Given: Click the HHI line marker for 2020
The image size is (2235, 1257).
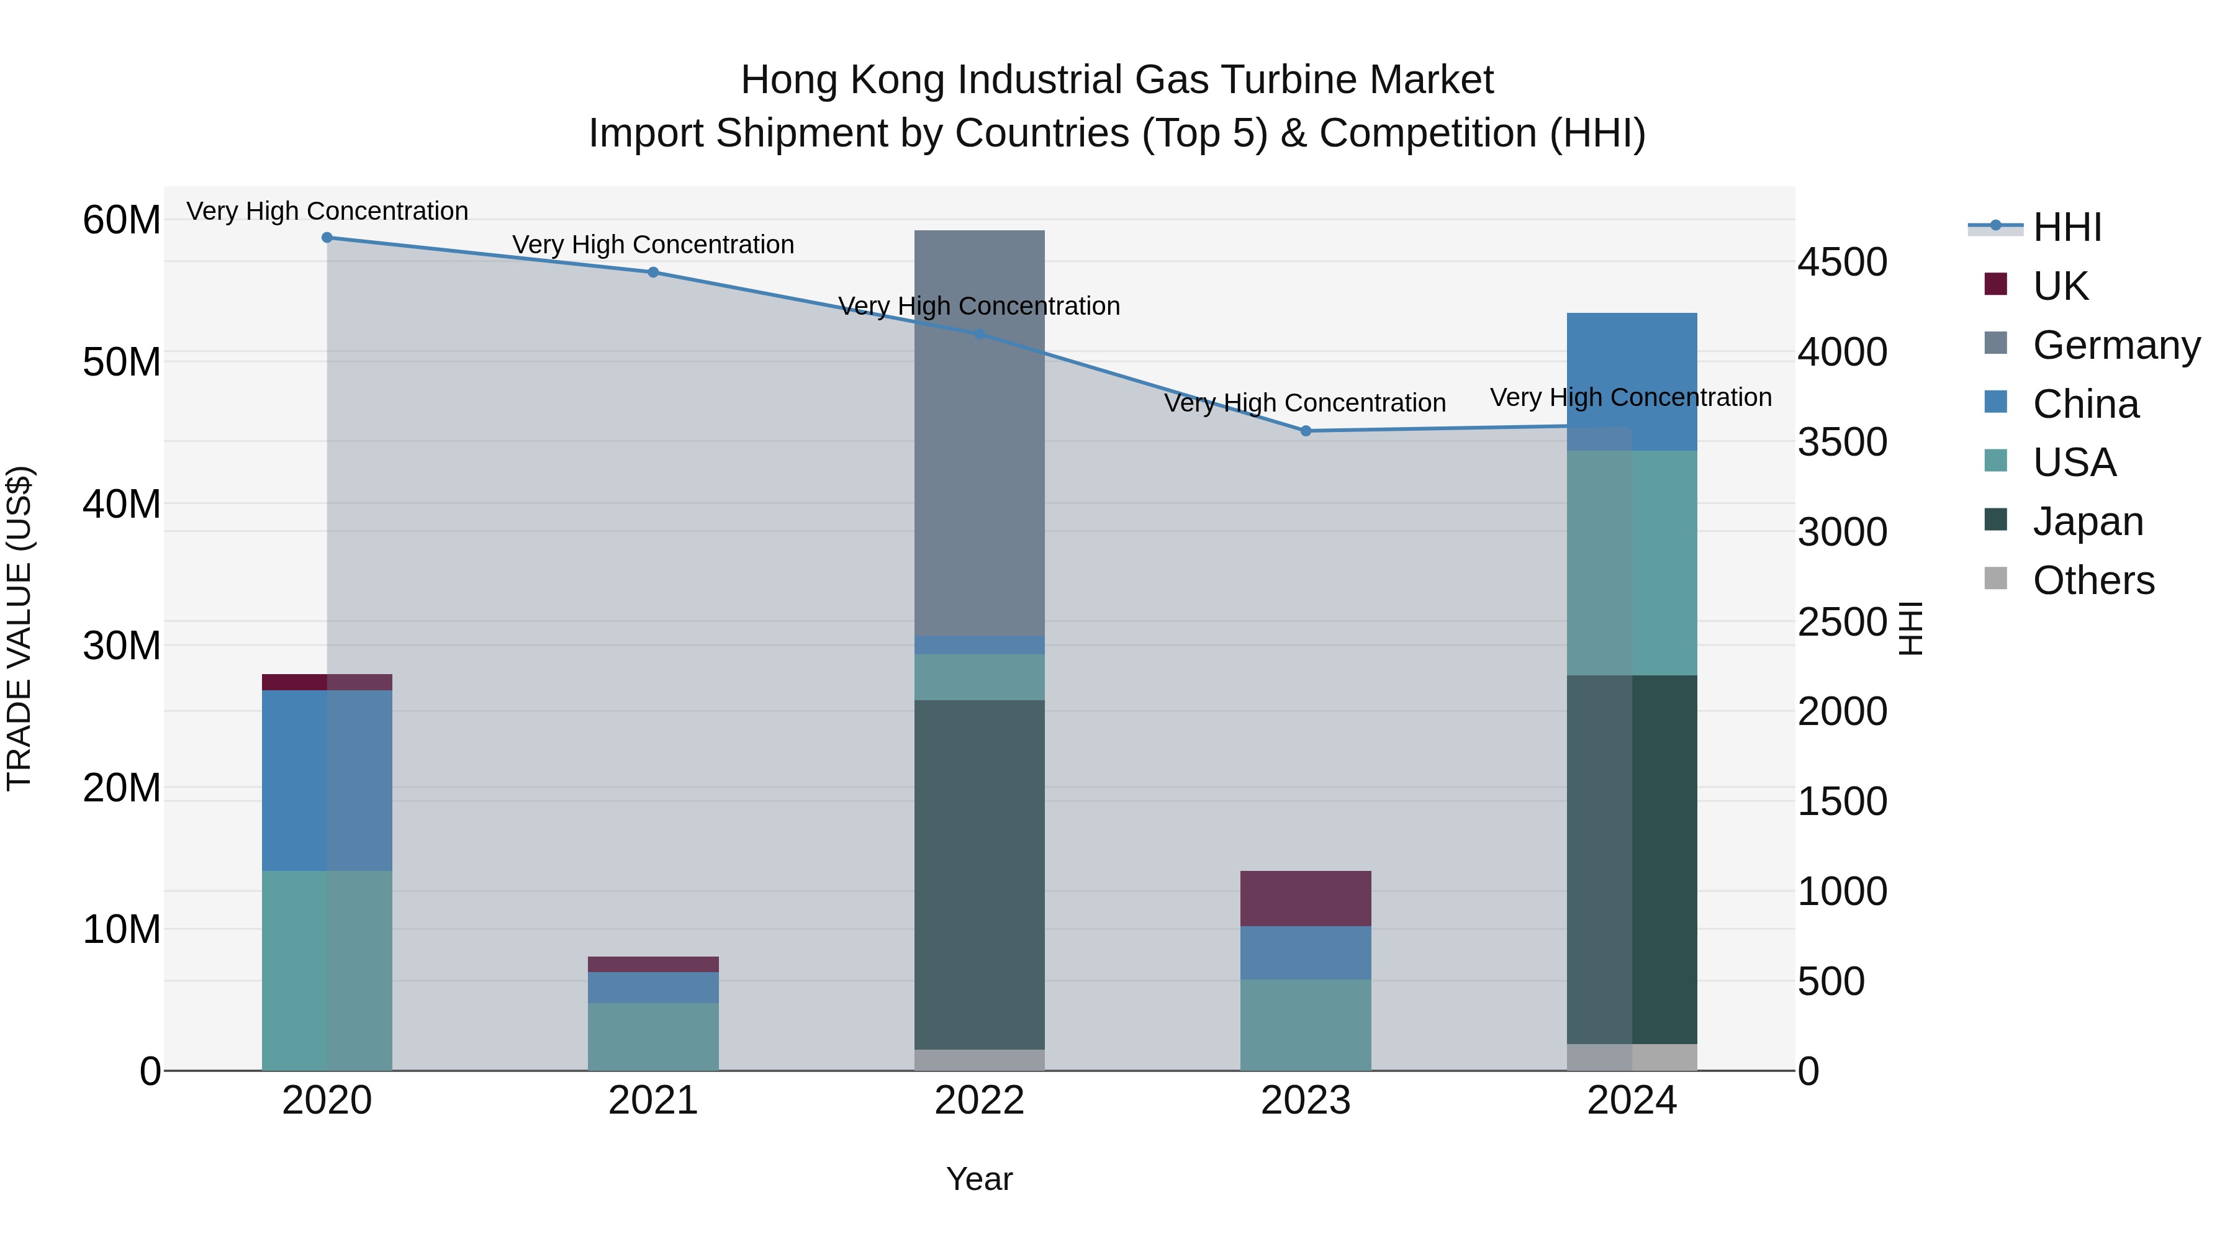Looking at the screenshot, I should [x=327, y=238].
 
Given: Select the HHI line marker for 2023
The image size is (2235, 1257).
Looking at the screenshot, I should [x=1306, y=431].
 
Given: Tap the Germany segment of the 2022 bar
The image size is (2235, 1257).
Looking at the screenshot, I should [x=980, y=434].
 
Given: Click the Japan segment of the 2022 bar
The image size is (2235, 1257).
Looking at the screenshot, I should [x=980, y=875].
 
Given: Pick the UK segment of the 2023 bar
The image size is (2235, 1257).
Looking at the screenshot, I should [x=1306, y=899].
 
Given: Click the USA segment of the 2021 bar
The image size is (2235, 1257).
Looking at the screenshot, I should [x=653, y=1037].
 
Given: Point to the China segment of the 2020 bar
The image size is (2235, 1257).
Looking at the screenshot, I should [x=327, y=781].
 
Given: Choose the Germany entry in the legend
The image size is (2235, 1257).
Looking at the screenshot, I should [x=2115, y=345].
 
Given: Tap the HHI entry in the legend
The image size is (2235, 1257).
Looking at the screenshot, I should [x=2066, y=227].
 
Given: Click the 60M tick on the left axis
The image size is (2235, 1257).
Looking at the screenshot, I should [x=122, y=220].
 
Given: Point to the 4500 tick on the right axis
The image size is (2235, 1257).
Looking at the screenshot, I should [x=1842, y=262].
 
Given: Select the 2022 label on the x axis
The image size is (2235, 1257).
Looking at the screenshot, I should [x=980, y=1101].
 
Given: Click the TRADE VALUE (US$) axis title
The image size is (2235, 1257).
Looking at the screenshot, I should [x=20, y=628].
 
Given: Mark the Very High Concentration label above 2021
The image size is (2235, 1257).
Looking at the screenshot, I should [x=653, y=245].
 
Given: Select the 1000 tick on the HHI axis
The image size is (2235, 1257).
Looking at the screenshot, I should [x=1842, y=892].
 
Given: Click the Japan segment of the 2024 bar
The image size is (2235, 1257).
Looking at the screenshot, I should [x=1632, y=859].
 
